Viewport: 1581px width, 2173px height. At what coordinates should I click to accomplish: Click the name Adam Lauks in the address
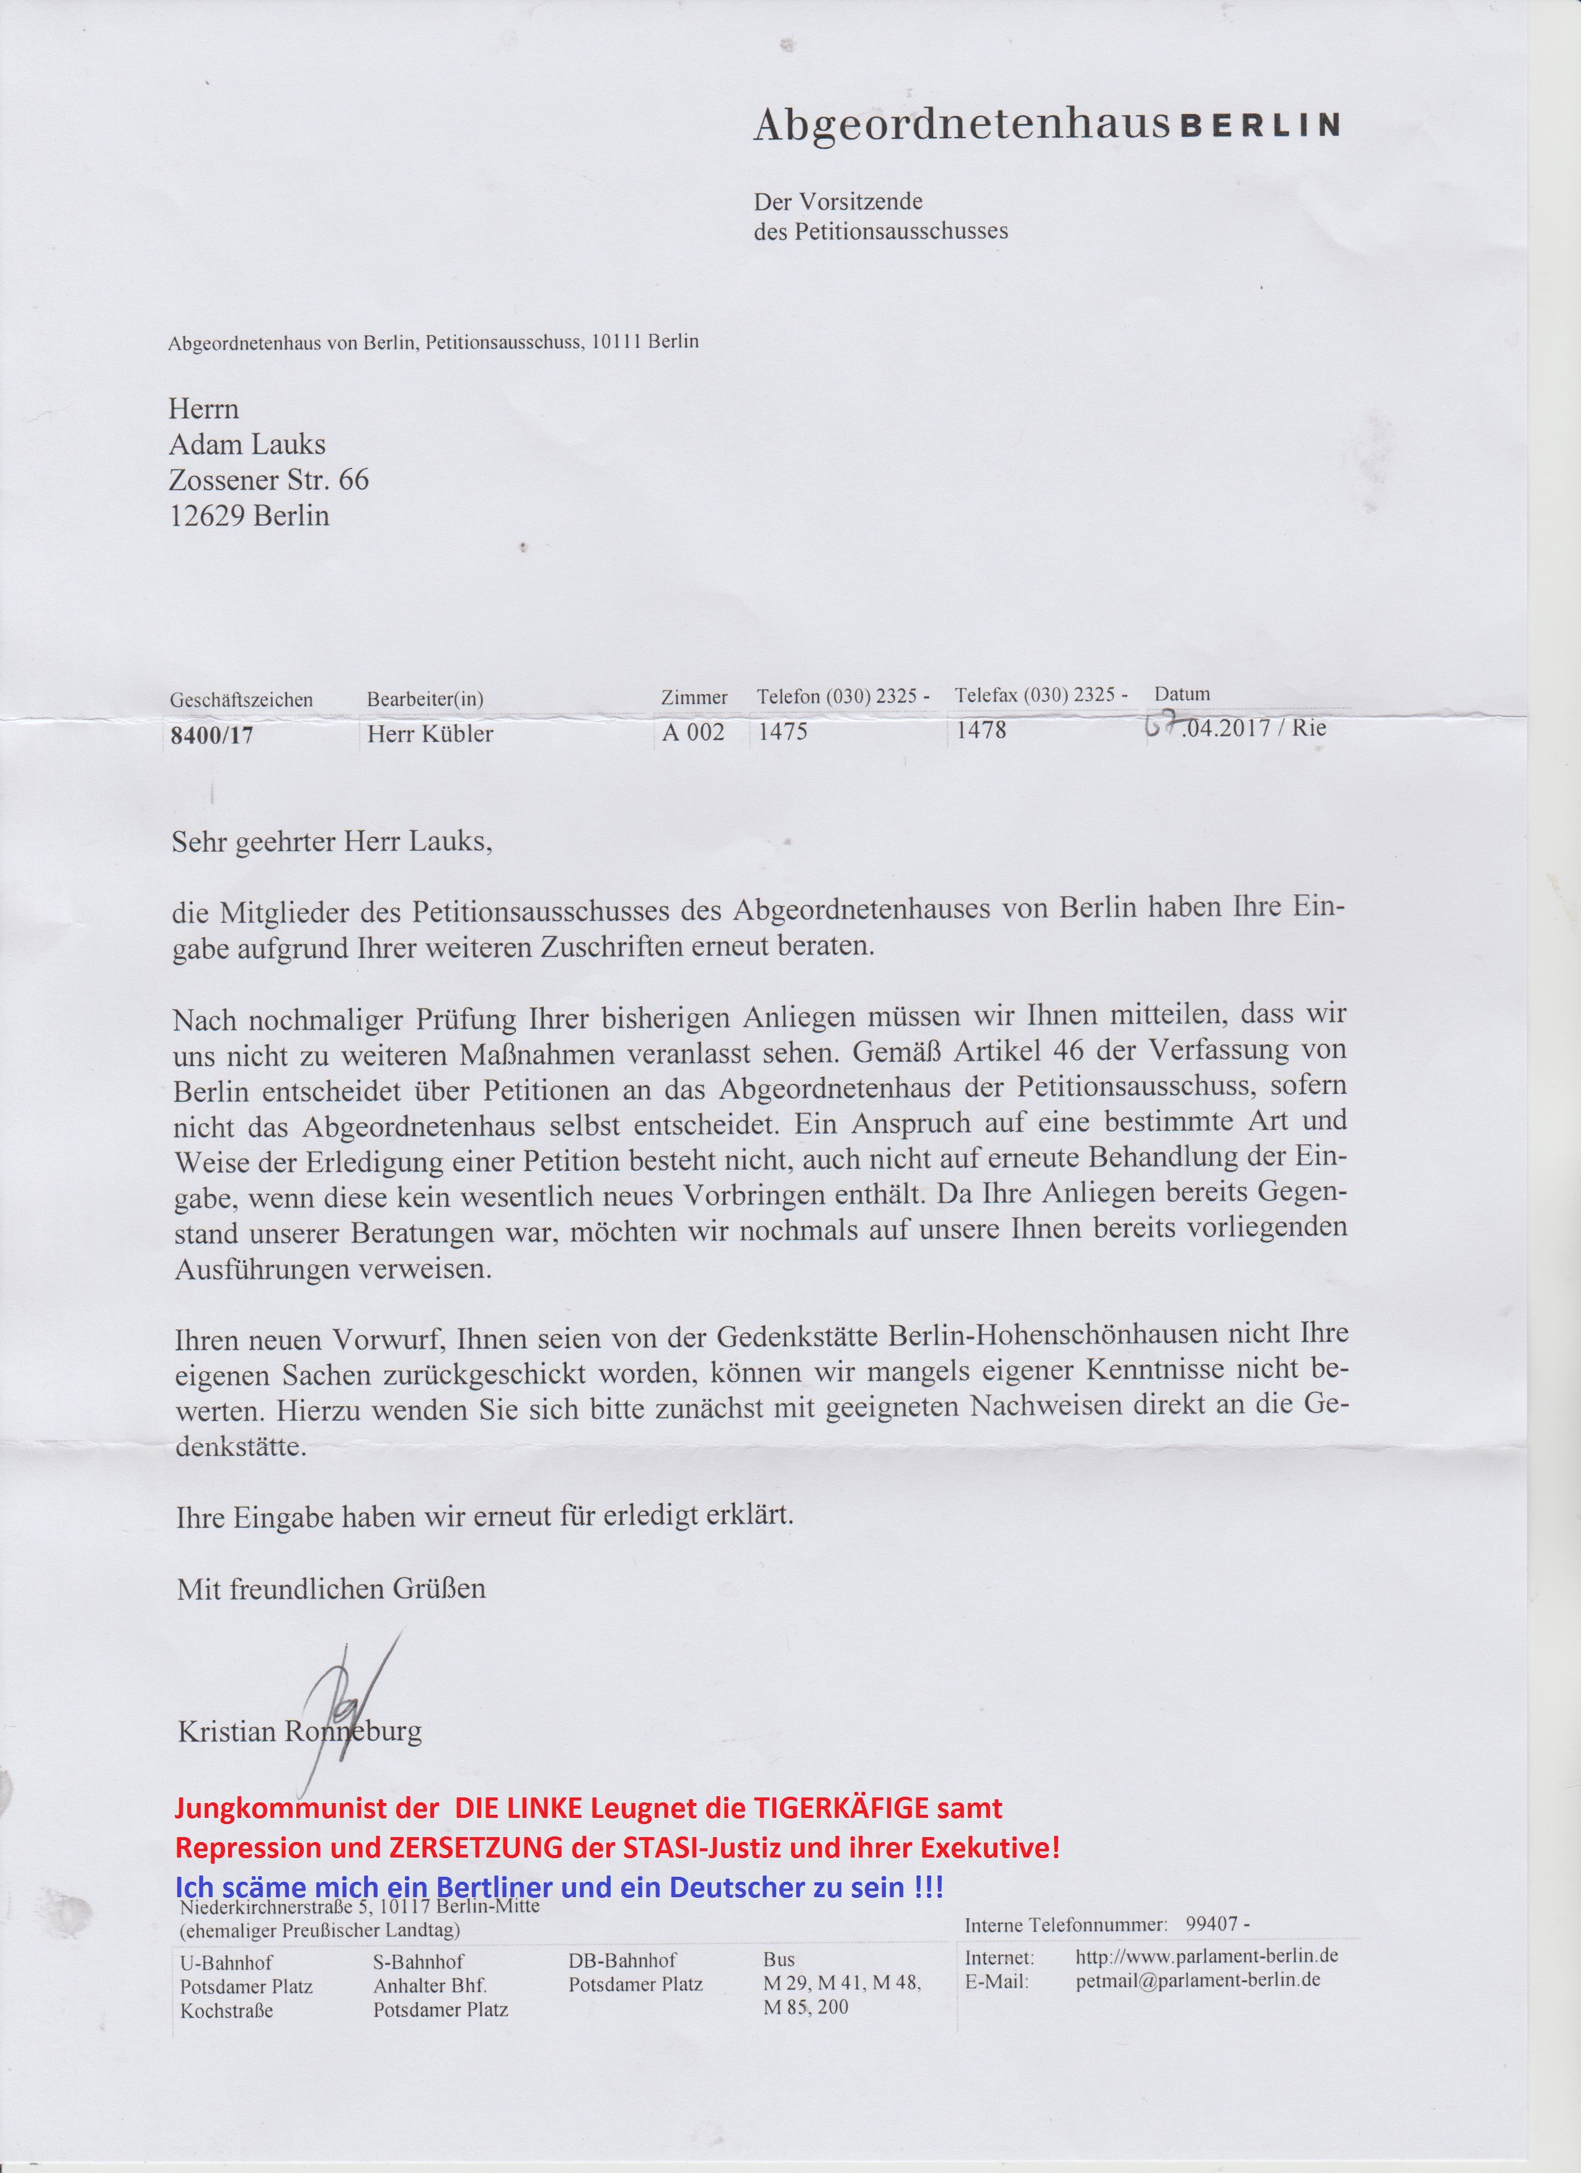(x=247, y=444)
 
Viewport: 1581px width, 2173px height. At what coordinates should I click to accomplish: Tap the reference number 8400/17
(x=212, y=736)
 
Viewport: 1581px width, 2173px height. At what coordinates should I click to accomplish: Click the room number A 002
(x=693, y=733)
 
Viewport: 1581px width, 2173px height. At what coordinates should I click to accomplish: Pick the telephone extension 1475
(x=783, y=732)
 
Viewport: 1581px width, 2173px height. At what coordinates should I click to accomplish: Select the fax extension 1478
(x=981, y=730)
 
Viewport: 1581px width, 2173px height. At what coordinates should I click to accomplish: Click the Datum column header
(x=1182, y=694)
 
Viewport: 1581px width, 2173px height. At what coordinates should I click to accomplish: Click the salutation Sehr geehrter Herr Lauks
(x=332, y=842)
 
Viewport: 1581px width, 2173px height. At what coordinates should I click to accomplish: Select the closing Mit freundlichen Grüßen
(x=332, y=1590)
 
